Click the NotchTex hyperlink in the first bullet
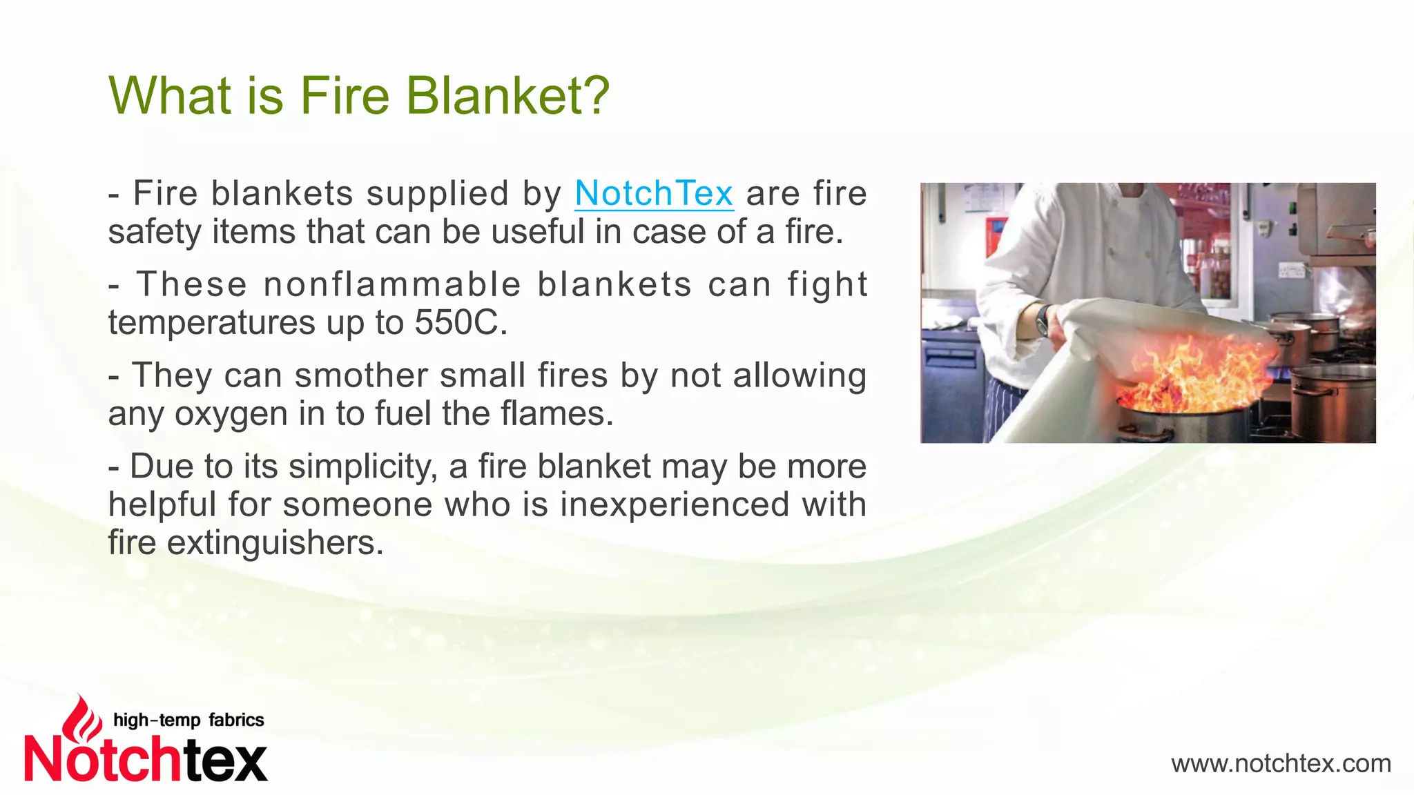click(653, 193)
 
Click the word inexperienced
click(675, 504)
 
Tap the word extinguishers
click(274, 542)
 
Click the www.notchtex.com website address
click(1281, 764)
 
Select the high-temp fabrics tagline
click(188, 720)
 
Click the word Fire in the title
click(345, 95)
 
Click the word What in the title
click(170, 95)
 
